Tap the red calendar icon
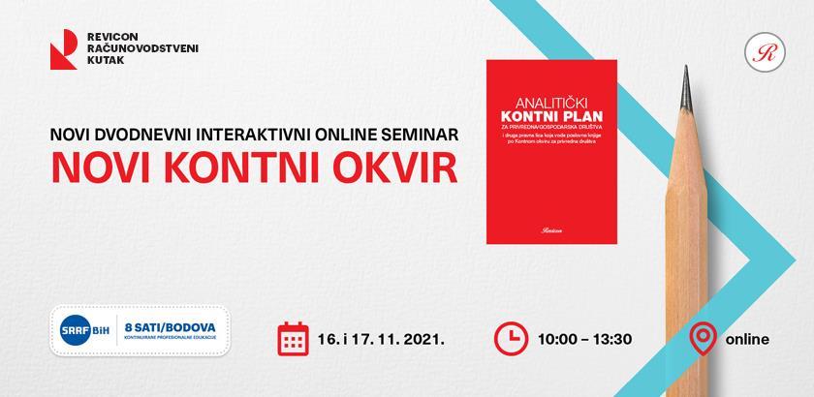(x=293, y=339)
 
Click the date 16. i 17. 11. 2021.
(x=381, y=340)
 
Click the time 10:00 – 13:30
(x=583, y=340)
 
